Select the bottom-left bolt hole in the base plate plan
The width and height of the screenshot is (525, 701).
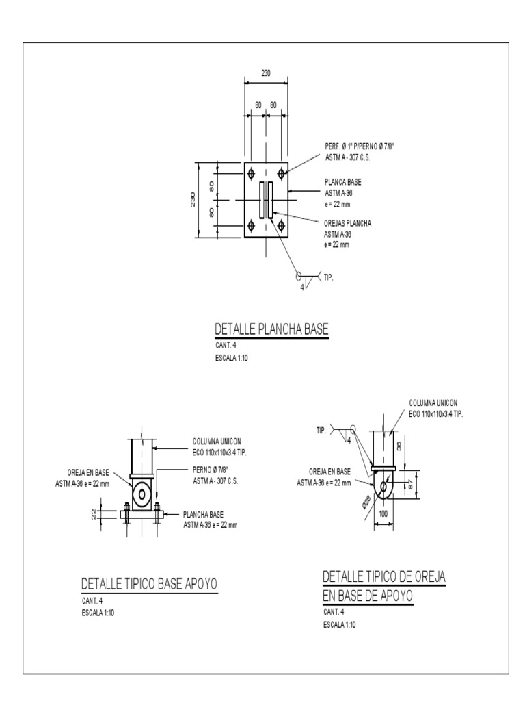point(251,225)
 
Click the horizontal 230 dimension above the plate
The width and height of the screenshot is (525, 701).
point(265,73)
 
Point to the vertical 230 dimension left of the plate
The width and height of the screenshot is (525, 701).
point(193,199)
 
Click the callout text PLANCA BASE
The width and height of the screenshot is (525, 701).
point(342,182)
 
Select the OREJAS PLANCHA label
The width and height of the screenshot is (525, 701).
point(347,223)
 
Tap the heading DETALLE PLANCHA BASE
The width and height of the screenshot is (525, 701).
point(272,330)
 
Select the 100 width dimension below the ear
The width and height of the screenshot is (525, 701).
point(383,513)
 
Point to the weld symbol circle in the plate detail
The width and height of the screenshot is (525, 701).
point(299,277)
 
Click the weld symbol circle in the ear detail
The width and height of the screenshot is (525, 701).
point(353,429)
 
